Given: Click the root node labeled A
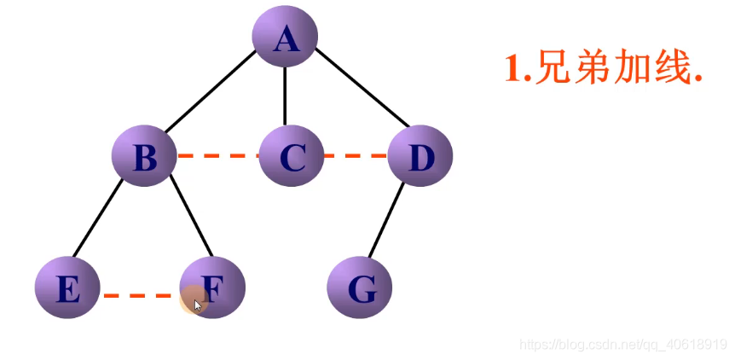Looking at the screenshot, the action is coord(285,38).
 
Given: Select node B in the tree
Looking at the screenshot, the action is coord(145,157).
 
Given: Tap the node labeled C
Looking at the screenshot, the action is coord(291,157).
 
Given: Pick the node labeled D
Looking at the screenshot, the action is coord(420,157).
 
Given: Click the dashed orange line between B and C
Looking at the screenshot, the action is coord(217,156).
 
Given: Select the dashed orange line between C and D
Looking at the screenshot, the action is coord(356,156).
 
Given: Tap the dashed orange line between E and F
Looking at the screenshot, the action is coord(141,296).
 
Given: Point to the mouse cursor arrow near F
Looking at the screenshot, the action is coord(198,305).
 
